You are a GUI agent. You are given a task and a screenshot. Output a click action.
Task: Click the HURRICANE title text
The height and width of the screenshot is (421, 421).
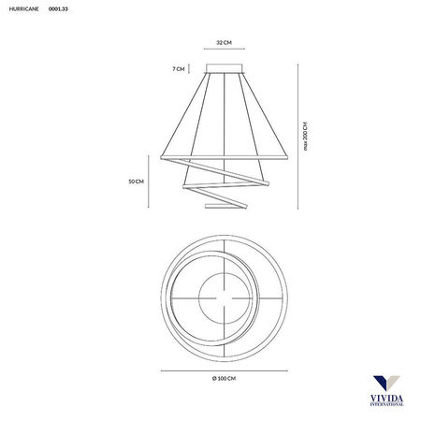click(24, 9)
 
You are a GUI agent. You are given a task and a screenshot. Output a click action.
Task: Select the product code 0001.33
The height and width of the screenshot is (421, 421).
click(58, 9)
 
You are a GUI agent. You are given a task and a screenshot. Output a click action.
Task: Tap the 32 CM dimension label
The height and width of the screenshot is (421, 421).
click(225, 42)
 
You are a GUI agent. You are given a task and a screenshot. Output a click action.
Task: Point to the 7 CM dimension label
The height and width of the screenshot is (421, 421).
click(179, 69)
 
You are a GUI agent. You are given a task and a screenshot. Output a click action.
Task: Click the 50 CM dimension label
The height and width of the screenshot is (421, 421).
click(137, 181)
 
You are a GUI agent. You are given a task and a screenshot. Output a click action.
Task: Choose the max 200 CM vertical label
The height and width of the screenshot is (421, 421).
click(305, 137)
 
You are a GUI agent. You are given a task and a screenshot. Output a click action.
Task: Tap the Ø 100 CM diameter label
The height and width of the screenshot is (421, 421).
click(224, 379)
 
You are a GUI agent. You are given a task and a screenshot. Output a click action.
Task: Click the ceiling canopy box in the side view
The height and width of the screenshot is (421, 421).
click(225, 68)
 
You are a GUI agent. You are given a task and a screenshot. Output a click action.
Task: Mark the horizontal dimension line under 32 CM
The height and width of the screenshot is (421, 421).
click(225, 49)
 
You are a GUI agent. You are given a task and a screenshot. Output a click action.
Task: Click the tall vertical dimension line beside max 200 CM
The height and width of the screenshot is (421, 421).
click(298, 137)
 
